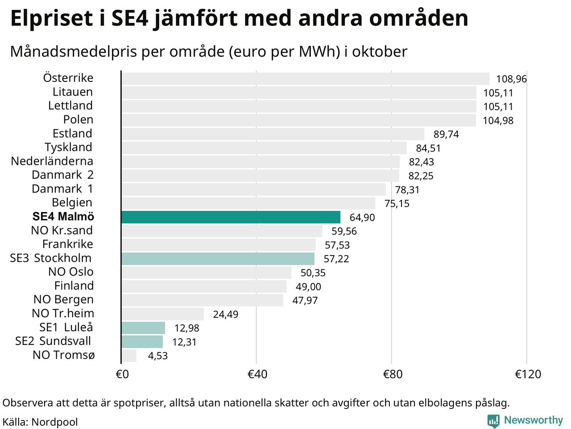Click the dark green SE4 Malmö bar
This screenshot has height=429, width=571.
[231, 217]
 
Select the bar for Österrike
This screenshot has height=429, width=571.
[305, 79]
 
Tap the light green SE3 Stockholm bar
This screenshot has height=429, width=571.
[218, 259]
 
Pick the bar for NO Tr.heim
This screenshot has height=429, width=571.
[162, 314]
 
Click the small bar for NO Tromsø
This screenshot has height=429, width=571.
[129, 356]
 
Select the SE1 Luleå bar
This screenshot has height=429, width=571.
[143, 328]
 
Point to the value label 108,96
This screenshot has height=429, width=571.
[511, 79]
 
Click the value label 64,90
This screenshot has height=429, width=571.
[362, 218]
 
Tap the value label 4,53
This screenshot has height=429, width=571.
[157, 356]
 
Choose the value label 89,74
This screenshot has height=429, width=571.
[446, 135]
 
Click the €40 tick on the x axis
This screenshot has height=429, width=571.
[257, 374]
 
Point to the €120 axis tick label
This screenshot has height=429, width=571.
[528, 374]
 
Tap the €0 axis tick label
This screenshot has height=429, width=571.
[122, 374]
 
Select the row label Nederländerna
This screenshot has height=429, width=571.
[52, 161]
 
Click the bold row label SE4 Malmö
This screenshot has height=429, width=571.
[63, 217]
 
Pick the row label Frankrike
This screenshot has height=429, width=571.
[68, 244]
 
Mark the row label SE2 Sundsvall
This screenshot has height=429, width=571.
[53, 341]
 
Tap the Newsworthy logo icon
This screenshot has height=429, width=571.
[493, 421]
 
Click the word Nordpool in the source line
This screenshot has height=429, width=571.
[54, 422]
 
